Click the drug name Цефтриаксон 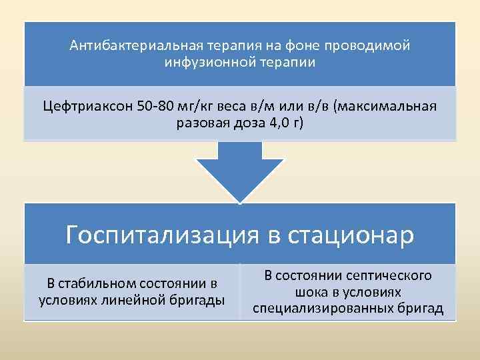tap(87, 107)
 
